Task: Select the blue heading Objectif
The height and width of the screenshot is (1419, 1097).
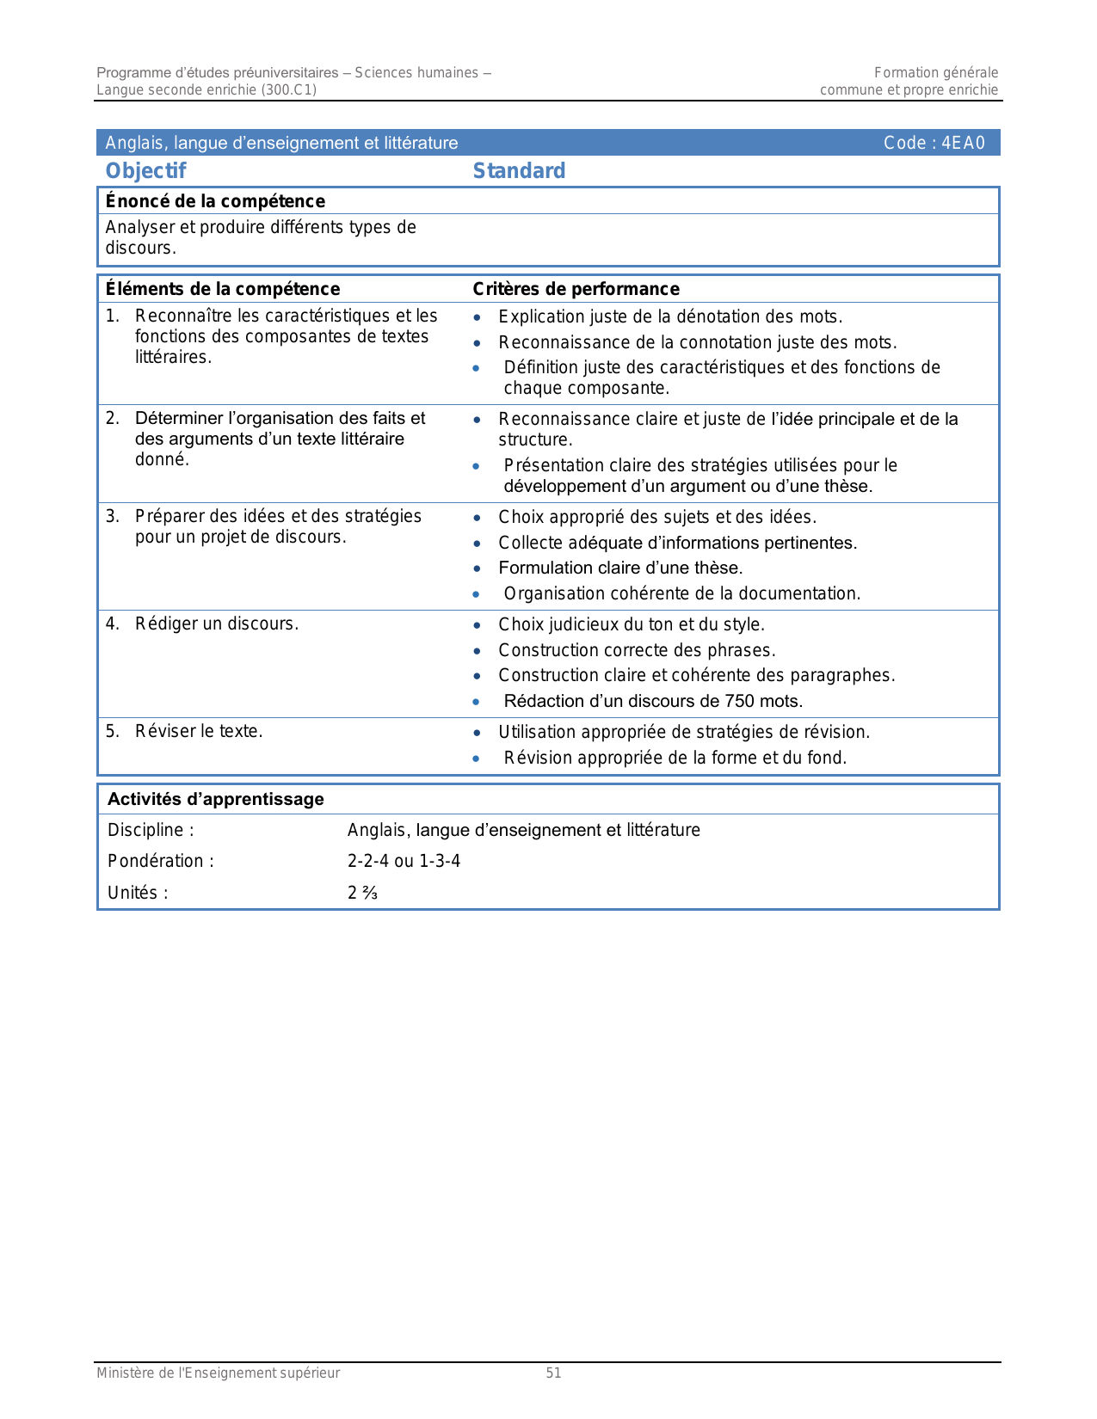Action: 145,171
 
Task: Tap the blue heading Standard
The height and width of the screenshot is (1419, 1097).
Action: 519,171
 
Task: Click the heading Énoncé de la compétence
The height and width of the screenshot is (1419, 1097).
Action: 215,201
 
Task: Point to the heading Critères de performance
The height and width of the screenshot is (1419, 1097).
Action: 576,289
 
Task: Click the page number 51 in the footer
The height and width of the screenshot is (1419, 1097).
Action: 553,1373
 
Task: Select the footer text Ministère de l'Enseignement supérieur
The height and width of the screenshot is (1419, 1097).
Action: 218,1373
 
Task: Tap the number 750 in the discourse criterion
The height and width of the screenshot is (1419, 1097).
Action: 739,702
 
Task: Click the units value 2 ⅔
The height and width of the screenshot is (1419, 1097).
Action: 362,893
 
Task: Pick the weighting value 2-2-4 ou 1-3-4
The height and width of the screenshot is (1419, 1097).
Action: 404,861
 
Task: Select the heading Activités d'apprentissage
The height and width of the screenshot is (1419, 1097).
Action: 215,799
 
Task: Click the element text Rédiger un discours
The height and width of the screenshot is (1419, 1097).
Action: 216,623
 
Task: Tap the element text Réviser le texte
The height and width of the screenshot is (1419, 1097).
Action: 199,731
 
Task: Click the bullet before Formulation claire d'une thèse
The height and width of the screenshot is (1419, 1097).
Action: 477,568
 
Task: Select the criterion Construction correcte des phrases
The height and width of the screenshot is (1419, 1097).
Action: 637,650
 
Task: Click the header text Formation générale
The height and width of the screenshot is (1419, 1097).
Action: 936,73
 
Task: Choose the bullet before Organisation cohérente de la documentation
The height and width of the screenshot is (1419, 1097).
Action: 477,594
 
